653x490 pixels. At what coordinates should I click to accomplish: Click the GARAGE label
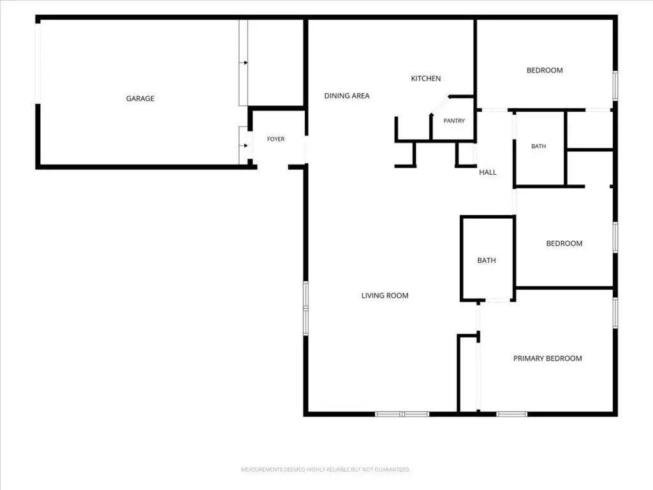[x=140, y=98]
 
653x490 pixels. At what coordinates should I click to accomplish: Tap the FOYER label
[x=275, y=139]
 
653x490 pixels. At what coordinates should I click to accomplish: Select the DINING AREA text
[x=347, y=96]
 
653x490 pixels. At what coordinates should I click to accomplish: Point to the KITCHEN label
[x=425, y=78]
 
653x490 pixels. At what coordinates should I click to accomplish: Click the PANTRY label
[x=454, y=121]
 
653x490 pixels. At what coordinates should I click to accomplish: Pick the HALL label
[x=488, y=172]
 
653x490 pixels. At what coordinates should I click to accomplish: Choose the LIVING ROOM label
[x=385, y=295]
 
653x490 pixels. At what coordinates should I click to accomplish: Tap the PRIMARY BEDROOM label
[x=548, y=359]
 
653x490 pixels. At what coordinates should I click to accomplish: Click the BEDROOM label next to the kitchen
[x=545, y=70]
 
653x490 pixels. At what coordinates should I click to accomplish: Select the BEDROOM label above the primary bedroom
[x=564, y=243]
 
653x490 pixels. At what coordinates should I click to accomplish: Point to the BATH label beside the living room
[x=487, y=260]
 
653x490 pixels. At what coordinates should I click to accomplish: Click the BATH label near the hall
[x=538, y=146]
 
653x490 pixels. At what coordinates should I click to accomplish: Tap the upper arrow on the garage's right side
[x=244, y=63]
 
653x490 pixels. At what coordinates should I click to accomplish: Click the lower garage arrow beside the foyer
[x=244, y=145]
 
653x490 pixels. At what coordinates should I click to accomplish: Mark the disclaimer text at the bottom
[x=326, y=470]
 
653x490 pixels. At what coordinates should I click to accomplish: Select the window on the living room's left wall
[x=305, y=308]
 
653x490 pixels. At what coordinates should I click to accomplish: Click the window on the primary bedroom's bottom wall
[x=512, y=414]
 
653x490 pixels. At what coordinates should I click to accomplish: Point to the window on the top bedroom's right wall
[x=615, y=85]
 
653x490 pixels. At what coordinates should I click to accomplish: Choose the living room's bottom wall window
[x=402, y=414]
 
